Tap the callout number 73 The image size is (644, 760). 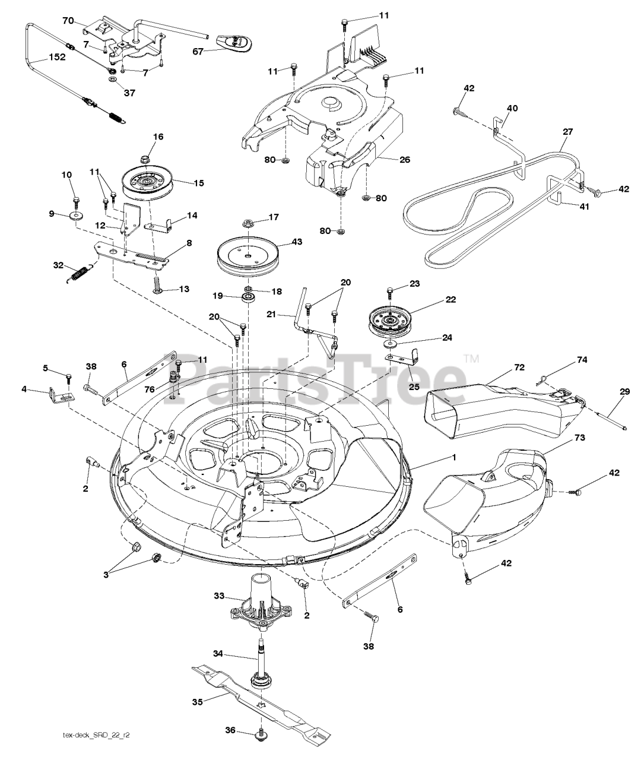[579, 438]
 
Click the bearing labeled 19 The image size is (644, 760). [246, 297]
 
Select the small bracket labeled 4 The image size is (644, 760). [59, 394]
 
